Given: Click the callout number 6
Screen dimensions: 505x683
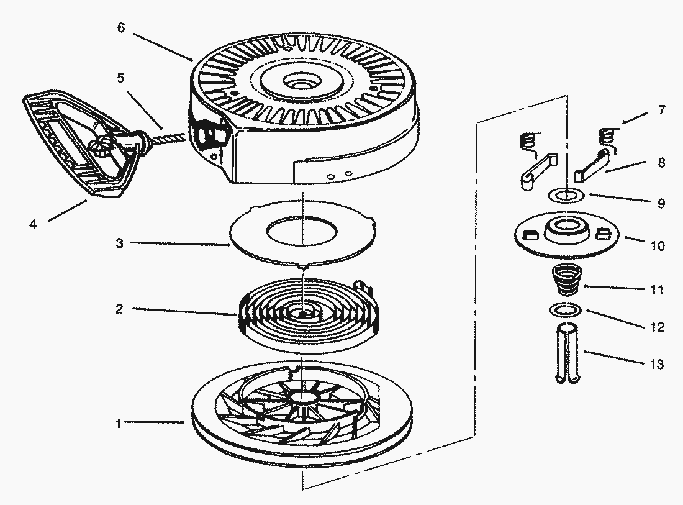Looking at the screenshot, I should [x=121, y=29].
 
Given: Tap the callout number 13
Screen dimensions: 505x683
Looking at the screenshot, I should [x=656, y=364].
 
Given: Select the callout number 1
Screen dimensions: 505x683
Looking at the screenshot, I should [x=117, y=424].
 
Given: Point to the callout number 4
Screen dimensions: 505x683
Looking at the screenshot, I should [x=32, y=224].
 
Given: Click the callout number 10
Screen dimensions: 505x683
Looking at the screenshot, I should [x=656, y=246].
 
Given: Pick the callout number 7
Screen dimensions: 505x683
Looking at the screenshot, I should [x=662, y=111].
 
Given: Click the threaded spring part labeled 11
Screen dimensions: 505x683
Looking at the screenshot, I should [x=566, y=279].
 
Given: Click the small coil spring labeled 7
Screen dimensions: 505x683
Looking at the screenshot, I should [x=609, y=137].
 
